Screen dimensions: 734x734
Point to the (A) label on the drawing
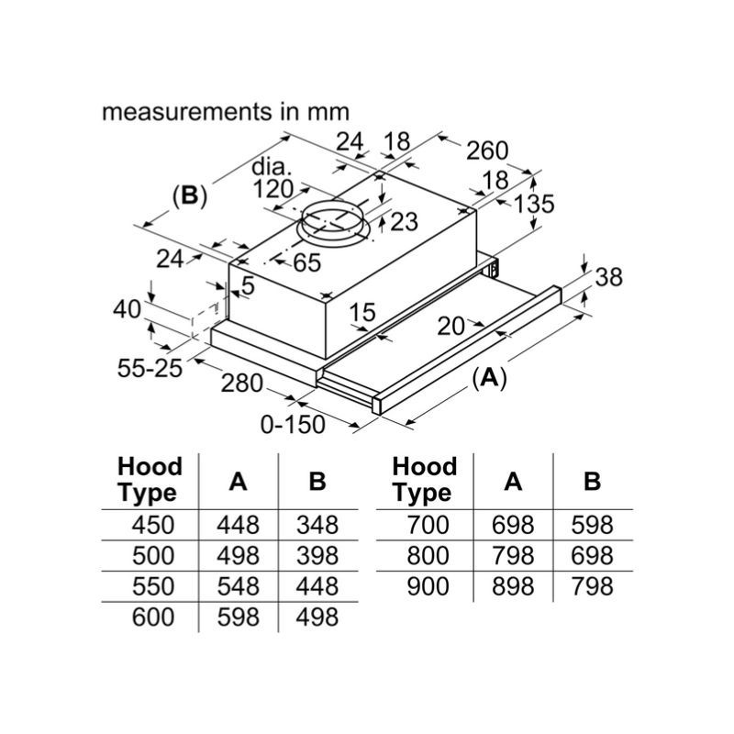pyautogui.click(x=489, y=377)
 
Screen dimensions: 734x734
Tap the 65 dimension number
pyautogui.click(x=307, y=263)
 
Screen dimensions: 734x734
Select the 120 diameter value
pyautogui.click(x=272, y=189)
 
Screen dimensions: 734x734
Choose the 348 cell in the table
pyautogui.click(x=317, y=525)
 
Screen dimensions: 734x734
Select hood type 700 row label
pyautogui.click(x=421, y=525)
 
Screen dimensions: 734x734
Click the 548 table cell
pyautogui.click(x=238, y=585)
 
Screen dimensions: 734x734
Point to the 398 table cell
pyautogui.click(x=317, y=555)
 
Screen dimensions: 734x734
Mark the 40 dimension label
pyautogui.click(x=127, y=309)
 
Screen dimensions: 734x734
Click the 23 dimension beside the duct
pyautogui.click(x=403, y=221)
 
